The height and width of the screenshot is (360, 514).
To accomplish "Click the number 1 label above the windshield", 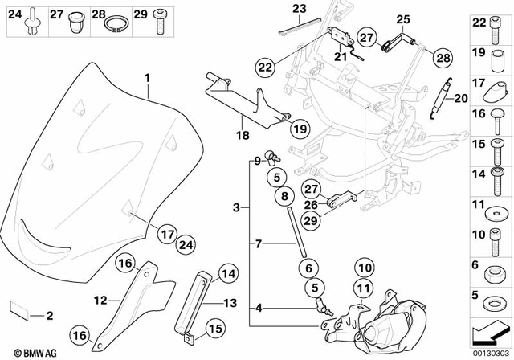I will tap(147, 79).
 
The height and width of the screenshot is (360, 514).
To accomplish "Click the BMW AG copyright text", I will tap(29, 352).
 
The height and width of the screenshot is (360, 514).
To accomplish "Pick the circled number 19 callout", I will tap(300, 128).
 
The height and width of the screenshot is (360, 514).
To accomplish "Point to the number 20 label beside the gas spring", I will tap(460, 99).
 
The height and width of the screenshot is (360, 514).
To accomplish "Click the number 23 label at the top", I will tap(299, 9).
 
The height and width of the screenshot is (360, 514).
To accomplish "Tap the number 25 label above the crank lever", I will tap(402, 18).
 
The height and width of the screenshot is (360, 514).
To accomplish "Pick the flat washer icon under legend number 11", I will tap(488, 219).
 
